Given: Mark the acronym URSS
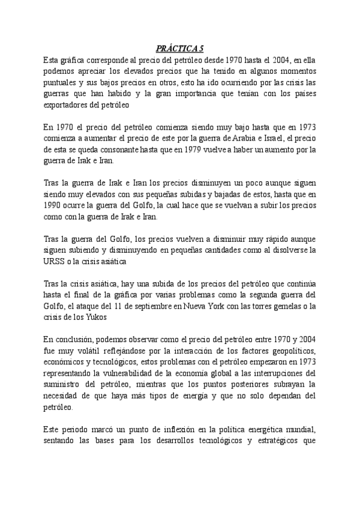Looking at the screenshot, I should (x=55, y=261).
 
